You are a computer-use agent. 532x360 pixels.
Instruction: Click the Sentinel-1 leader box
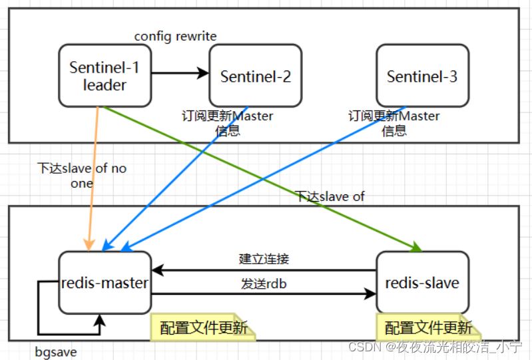tap(105, 75)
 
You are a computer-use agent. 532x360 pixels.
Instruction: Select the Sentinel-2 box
tap(256, 76)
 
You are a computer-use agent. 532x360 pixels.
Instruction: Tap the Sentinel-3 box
tap(422, 76)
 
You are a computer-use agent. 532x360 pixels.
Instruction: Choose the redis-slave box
tap(422, 282)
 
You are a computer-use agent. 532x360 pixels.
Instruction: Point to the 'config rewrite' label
tap(176, 36)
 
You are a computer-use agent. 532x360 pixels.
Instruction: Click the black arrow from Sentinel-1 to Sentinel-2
tap(180, 73)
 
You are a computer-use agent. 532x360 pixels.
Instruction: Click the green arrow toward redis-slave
tap(266, 180)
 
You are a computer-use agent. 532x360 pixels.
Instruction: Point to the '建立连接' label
tap(264, 259)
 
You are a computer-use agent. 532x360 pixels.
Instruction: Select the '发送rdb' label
tap(264, 284)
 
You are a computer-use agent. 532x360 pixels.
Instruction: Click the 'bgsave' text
tap(59, 351)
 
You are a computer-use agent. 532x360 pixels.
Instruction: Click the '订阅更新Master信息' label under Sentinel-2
tap(227, 123)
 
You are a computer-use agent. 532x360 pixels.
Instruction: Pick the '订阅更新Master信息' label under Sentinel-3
tap(394, 123)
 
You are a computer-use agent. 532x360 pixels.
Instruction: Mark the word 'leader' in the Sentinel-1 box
tap(105, 85)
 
